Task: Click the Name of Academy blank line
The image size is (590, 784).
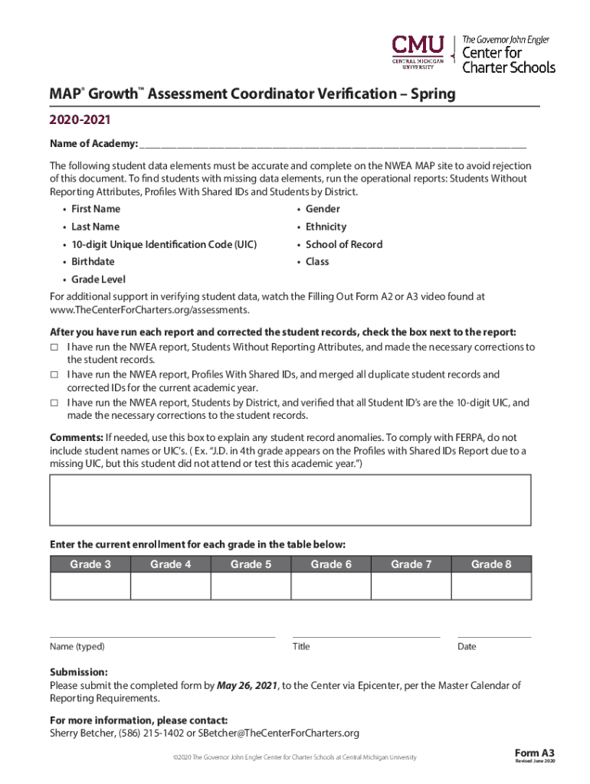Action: [x=333, y=145]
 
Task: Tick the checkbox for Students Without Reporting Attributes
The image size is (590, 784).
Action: [x=54, y=348]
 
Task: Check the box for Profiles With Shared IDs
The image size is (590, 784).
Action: [x=54, y=375]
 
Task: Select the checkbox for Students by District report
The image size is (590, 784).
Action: [x=54, y=403]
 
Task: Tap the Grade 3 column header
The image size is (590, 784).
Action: [x=90, y=564]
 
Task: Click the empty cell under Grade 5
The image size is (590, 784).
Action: [x=251, y=586]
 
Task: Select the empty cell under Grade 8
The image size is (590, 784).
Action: [x=491, y=586]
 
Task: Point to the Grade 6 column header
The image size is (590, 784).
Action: [x=331, y=564]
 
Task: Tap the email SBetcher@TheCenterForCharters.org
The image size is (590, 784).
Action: [x=279, y=733]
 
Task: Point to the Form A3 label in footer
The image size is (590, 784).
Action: [x=535, y=751]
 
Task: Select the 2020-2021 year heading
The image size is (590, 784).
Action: [x=80, y=121]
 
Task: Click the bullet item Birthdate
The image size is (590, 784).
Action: [x=93, y=262]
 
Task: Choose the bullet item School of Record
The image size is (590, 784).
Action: [x=343, y=244]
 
